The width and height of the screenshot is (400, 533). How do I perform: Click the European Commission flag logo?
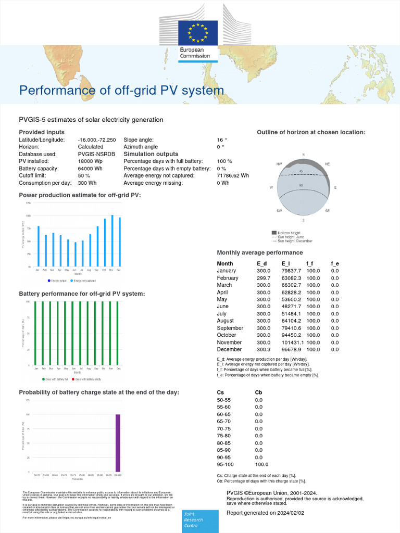pos(198,33)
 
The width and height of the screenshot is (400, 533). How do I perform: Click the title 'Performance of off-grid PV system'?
pos(121,91)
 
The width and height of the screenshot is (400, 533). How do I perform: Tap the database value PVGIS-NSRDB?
pos(97,155)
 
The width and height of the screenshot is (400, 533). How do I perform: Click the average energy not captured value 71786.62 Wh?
pos(233,176)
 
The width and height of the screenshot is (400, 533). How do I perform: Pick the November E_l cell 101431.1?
pos(292,342)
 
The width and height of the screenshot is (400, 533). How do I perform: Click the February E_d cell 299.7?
pos(264,278)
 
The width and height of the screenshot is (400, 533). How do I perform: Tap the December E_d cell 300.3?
pos(264,350)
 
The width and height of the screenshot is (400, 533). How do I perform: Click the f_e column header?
pos(335,263)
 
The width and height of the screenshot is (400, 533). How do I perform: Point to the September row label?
pos(230,328)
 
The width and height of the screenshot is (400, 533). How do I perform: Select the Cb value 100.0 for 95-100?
pos(261,464)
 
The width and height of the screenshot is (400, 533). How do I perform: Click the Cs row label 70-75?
pos(223,428)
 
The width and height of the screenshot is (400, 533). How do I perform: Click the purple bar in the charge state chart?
pos(118,443)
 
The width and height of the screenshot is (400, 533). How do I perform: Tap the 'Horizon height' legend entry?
pos(289,233)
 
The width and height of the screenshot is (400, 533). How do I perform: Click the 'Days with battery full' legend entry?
pos(57,379)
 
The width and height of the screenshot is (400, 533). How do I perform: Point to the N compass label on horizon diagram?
pos(304,155)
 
